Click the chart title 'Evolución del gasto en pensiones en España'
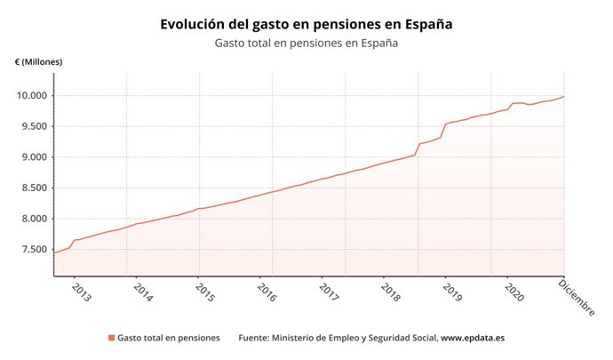click(306, 24)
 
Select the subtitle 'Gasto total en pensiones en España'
click(306, 43)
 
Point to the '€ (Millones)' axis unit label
click(38, 61)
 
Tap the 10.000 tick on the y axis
click(33, 96)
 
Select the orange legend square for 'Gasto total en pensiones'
click(111, 338)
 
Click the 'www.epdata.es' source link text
click(473, 338)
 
